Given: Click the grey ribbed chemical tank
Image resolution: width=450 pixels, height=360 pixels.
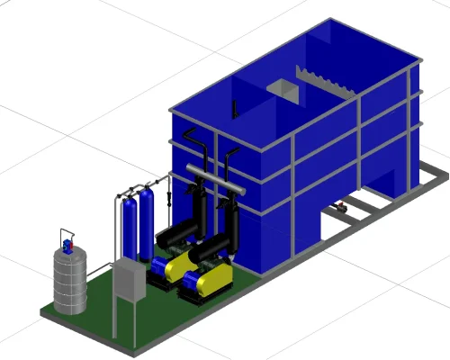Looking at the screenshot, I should click(x=68, y=280).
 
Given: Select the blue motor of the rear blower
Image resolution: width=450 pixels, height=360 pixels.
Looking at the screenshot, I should click(x=163, y=265).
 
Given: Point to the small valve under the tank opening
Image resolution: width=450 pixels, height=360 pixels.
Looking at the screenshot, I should click(x=340, y=209).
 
